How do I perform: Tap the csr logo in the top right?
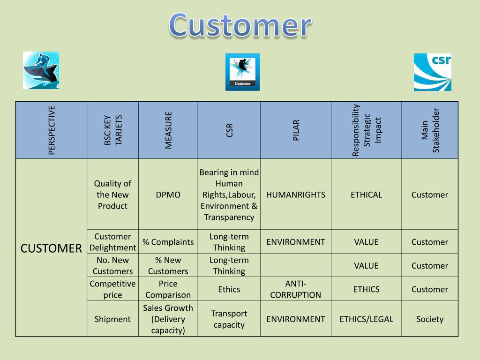coord(432,72)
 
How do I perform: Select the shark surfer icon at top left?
coord(41,70)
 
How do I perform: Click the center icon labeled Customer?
coord(242,72)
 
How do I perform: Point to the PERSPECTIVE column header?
coord(52,130)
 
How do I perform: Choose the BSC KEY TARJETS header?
coord(112,130)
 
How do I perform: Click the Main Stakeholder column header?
coord(430,130)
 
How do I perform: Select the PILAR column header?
coord(296,130)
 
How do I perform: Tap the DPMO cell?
coord(168,195)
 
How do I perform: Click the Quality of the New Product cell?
coord(112,195)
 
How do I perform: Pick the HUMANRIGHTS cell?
coord(296,195)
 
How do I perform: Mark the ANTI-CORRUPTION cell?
coord(296,289)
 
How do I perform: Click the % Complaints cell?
coord(168,242)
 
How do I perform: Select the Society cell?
coord(430,319)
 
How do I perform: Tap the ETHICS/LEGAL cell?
coord(366,319)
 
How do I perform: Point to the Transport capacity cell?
coord(229,319)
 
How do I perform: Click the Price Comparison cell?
coord(168,289)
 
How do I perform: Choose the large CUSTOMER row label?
coord(51,248)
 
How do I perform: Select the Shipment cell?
coord(112,319)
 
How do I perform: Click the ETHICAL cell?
coord(366,195)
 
